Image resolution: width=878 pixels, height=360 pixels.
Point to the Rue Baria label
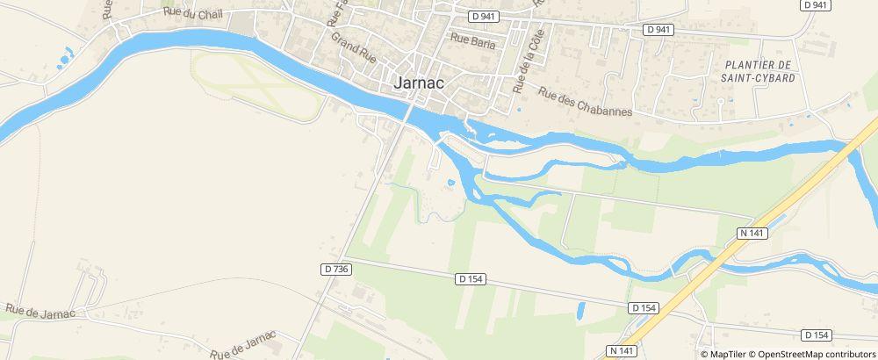(472, 40)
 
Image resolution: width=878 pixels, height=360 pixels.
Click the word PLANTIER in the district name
(759, 65)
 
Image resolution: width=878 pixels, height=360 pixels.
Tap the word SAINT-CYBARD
(759, 77)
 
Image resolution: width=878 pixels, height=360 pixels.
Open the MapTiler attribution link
(723, 354)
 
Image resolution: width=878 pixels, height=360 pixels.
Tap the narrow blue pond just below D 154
(580, 310)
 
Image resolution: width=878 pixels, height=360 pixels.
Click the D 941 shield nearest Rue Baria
(483, 16)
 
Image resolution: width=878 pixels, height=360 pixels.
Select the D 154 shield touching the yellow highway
(644, 307)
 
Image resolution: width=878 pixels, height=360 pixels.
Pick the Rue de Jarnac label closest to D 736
(244, 344)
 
